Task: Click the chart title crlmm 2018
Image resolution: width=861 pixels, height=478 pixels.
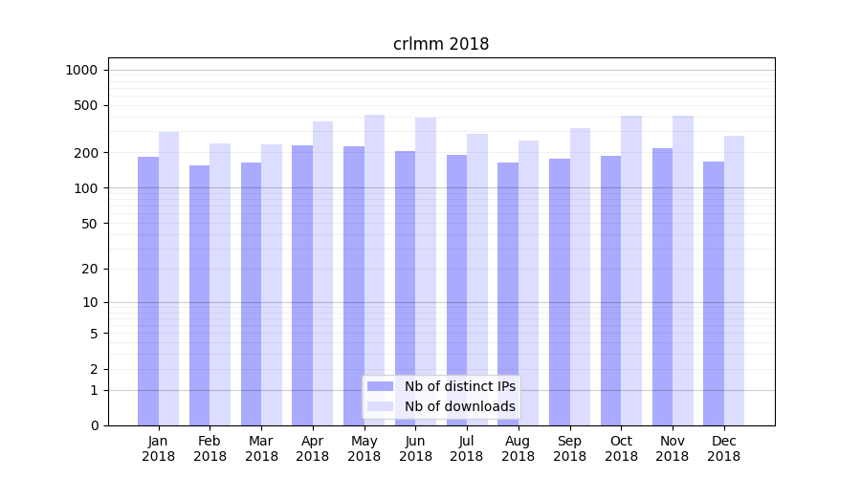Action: tap(441, 44)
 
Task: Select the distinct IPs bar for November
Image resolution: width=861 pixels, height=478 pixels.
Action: tap(662, 287)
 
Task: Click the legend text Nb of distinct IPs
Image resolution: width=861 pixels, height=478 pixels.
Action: tap(459, 386)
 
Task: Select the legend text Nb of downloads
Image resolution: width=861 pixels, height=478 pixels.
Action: tap(459, 406)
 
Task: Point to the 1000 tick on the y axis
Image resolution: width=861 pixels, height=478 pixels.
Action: tap(81, 70)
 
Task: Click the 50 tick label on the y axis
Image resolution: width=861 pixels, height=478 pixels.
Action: tap(88, 224)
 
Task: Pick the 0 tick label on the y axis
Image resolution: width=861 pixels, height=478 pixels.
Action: tap(94, 425)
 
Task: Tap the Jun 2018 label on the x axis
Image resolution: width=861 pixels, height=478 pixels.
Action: tap(415, 448)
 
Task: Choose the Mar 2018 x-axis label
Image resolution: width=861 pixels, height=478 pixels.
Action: tap(261, 448)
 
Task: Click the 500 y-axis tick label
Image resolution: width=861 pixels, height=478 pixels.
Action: tap(85, 105)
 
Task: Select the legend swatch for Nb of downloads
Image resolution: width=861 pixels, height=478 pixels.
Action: tap(381, 406)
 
